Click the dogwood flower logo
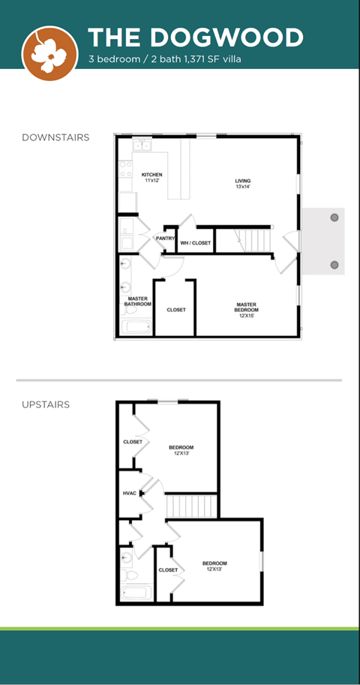50,52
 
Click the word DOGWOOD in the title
227,38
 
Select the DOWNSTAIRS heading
55,137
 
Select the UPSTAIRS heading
46,404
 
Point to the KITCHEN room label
152,175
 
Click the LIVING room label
243,181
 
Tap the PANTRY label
165,239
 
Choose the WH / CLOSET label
196,243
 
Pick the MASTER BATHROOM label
137,301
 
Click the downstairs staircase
254,239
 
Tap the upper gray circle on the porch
334,217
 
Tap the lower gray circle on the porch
334,265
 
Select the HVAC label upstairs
130,494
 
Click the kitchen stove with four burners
126,169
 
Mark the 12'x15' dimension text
247,316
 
